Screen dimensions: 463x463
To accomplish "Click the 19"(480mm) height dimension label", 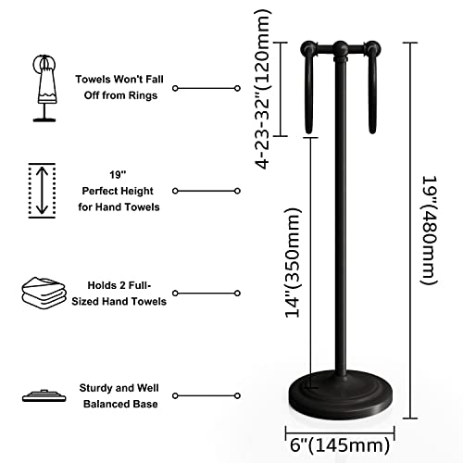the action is pyautogui.click(x=430, y=231).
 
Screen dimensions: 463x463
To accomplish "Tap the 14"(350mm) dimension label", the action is pyautogui.click(x=293, y=263).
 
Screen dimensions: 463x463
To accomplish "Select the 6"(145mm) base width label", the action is pyautogui.click(x=340, y=445).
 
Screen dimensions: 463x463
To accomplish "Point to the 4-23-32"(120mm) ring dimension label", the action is pyautogui.click(x=263, y=89).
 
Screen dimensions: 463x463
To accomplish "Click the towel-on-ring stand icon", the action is pyautogui.click(x=45, y=88).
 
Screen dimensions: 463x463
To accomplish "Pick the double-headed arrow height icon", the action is pyautogui.click(x=42, y=191).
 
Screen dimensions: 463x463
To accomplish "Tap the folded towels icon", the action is pyautogui.click(x=44, y=294).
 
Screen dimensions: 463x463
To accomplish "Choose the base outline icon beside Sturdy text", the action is pyautogui.click(x=44, y=395).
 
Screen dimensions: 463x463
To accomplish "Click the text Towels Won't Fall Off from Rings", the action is pyautogui.click(x=119, y=87).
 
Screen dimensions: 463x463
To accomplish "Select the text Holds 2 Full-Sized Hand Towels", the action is pyautogui.click(x=119, y=294).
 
